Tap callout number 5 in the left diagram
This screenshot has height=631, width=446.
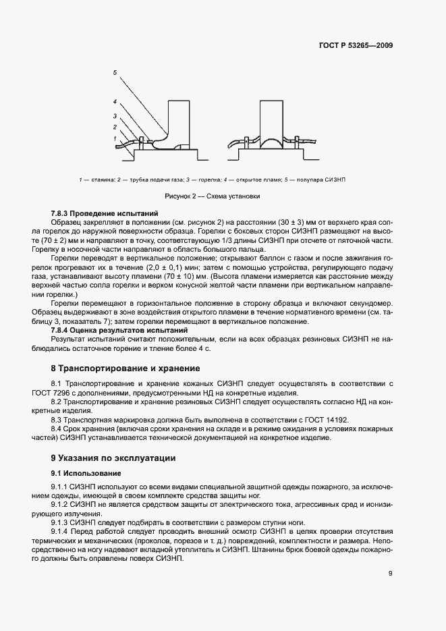point(115,72)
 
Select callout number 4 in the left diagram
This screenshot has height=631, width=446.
point(115,102)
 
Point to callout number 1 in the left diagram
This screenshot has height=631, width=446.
point(115,138)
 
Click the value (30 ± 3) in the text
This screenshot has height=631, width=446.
point(281,222)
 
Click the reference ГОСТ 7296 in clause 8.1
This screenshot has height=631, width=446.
point(69,393)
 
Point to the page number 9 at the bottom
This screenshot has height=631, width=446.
point(391,574)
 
